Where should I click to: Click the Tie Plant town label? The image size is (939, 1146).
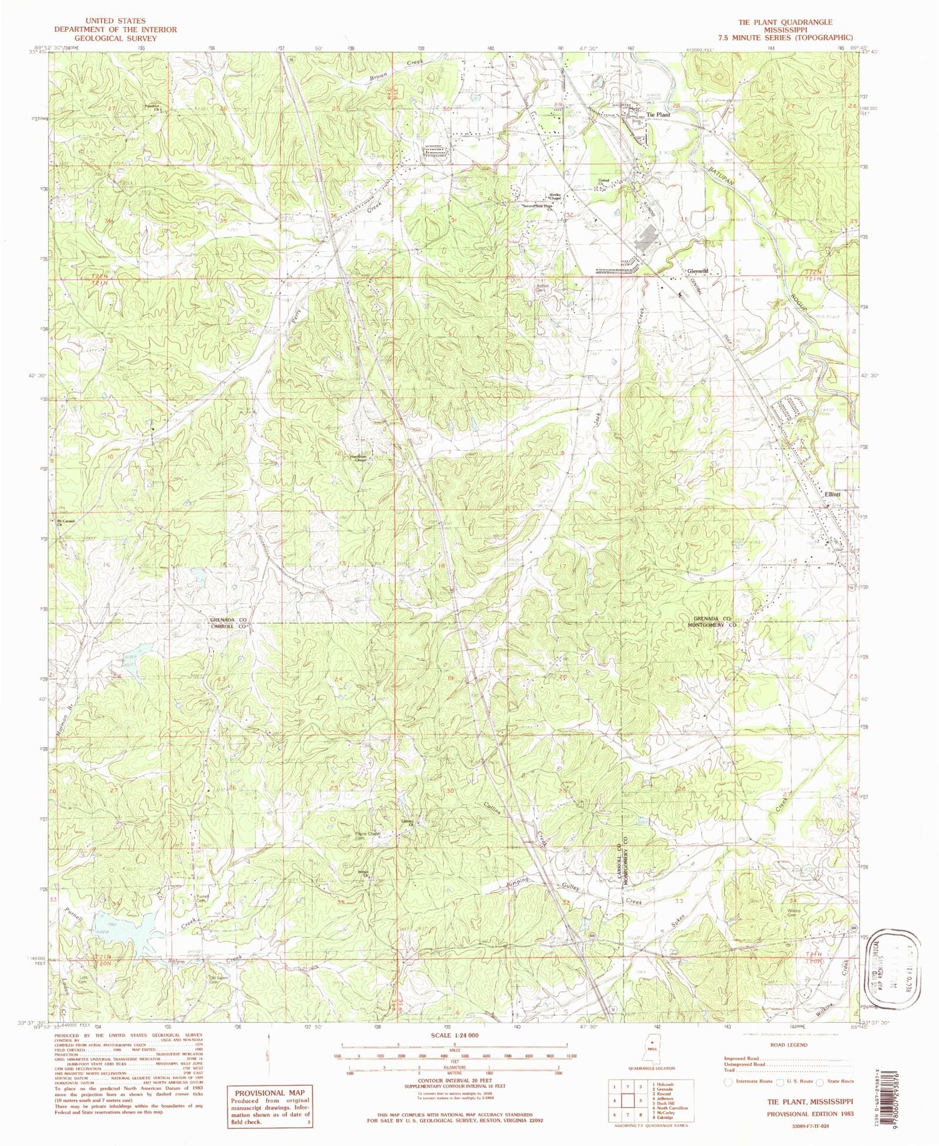click(658, 115)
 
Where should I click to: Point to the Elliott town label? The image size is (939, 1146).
click(833, 493)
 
